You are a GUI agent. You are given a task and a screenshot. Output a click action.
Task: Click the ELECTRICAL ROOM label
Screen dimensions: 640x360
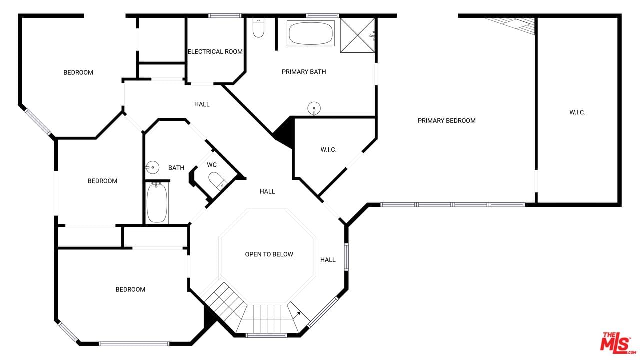click(x=215, y=52)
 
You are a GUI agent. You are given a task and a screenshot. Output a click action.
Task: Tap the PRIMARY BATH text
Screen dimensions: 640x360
click(x=304, y=72)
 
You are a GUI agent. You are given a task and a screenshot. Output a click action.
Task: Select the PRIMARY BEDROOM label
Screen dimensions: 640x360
click(x=447, y=121)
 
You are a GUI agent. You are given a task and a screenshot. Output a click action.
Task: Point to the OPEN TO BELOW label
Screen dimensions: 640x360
click(x=269, y=254)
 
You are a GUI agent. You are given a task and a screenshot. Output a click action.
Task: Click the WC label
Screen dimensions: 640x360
click(x=212, y=165)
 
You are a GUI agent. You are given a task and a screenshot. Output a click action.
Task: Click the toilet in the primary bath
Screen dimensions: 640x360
click(x=258, y=28)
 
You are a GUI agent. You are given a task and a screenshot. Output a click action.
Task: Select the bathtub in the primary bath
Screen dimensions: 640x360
click(x=311, y=33)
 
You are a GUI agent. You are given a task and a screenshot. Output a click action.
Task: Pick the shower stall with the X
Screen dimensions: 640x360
click(x=357, y=35)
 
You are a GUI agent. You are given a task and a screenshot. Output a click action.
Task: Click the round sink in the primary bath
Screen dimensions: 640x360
click(x=314, y=109)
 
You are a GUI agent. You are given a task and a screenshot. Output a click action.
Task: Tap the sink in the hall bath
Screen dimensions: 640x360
click(x=153, y=167)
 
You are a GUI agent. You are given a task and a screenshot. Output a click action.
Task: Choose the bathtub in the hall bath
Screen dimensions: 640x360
click(x=157, y=203)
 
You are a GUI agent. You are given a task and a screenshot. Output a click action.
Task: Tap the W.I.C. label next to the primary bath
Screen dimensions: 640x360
click(x=329, y=150)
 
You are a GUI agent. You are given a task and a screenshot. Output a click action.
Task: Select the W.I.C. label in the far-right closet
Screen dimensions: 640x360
click(x=577, y=112)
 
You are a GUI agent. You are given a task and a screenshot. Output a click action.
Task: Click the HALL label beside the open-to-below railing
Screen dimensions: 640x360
click(x=328, y=260)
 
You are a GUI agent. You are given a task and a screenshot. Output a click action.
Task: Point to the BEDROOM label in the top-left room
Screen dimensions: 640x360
click(x=78, y=73)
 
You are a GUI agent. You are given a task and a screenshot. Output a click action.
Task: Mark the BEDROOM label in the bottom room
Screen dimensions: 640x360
click(x=130, y=289)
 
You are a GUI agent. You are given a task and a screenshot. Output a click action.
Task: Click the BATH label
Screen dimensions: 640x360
click(x=176, y=168)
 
